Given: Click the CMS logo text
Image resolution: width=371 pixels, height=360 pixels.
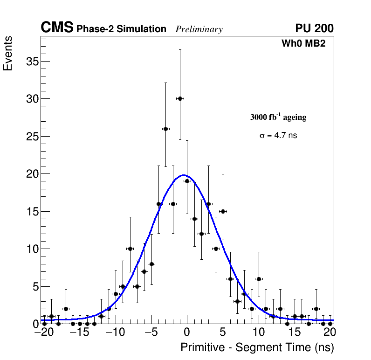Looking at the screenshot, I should [x=57, y=28].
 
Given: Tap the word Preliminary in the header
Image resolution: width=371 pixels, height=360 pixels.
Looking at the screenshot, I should [x=199, y=29].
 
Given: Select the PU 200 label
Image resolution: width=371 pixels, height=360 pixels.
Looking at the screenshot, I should [x=314, y=28].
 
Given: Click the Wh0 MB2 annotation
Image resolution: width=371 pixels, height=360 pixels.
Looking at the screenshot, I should [x=303, y=44].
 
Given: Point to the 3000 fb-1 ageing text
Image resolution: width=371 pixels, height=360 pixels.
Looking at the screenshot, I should [x=278, y=117].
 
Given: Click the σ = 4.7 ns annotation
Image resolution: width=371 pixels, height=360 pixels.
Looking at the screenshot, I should [x=278, y=136].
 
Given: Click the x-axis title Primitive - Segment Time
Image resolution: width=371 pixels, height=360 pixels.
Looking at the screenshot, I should [x=257, y=347].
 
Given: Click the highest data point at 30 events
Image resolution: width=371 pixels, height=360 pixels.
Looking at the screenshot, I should [x=180, y=98].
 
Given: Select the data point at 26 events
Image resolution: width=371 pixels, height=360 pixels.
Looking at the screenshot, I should [x=165, y=129].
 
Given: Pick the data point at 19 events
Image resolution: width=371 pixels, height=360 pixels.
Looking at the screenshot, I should [x=187, y=181].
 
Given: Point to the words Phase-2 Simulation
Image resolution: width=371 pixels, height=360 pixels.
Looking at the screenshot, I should [x=121, y=29].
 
